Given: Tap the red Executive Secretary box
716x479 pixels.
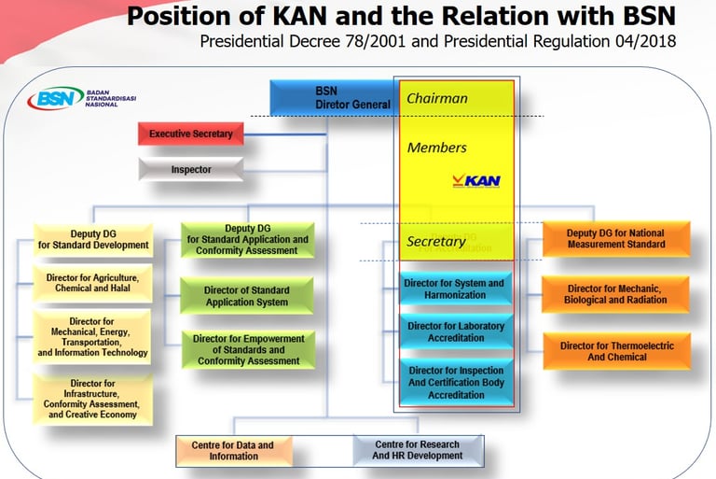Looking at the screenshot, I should coord(191,134).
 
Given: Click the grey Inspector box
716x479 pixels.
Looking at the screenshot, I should coord(191,170).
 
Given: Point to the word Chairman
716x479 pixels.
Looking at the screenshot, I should coord(437,98).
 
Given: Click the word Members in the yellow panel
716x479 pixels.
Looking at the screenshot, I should coord(437,148).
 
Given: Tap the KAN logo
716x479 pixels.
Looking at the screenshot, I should coord(476,179).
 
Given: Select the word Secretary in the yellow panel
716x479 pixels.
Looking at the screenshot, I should coord(436,242).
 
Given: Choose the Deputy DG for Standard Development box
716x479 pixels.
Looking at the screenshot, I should coord(93,239).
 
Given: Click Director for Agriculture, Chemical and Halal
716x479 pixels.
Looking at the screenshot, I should coord(93,284).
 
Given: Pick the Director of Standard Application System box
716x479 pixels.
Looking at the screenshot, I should coord(247,296).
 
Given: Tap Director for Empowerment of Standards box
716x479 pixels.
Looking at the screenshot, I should coord(248,349).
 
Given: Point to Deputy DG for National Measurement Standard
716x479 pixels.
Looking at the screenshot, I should coord(615,238).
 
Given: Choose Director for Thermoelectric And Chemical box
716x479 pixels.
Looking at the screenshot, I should coord(616,351).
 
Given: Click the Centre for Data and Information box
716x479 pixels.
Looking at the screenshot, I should coord(233,450).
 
